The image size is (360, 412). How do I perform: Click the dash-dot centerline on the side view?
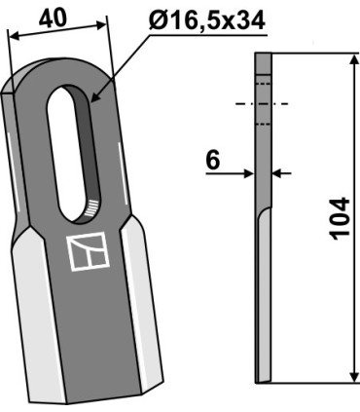pyautogui.click(x=261, y=104)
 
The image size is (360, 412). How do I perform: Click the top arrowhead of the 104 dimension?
pyautogui.click(x=350, y=58)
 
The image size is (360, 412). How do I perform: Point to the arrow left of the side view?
pyautogui.click(x=247, y=174)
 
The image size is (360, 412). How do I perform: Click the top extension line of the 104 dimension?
pyautogui.click(x=311, y=53)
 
